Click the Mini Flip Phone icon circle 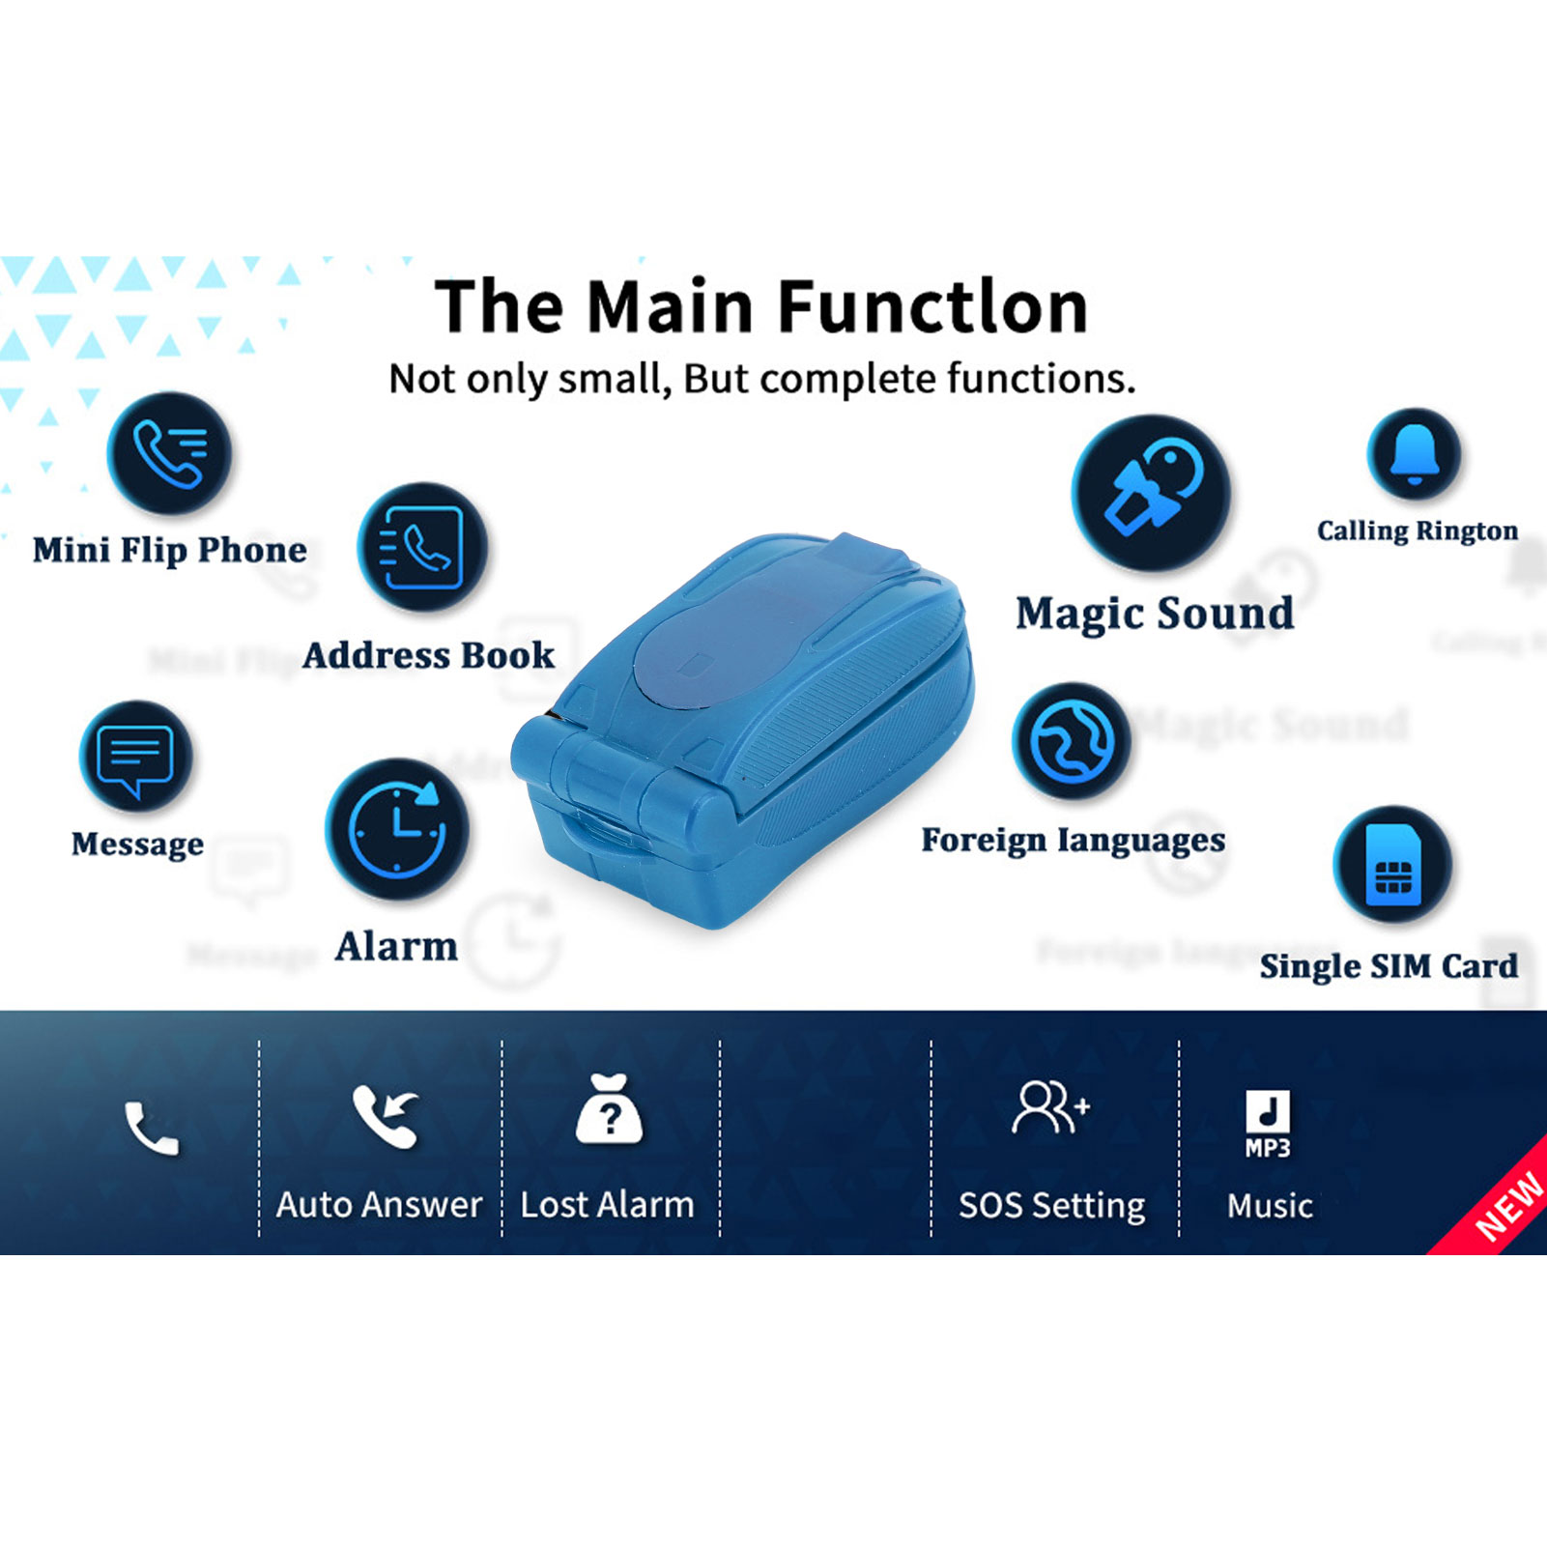coord(170,453)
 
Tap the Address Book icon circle coord(422,547)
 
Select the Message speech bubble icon coord(136,756)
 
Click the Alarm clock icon coord(397,830)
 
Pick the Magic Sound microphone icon coord(1151,492)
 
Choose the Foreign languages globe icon coord(1072,741)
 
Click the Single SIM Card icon coord(1392,864)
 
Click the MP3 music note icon coord(1268,1124)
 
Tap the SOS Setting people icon coord(1051,1107)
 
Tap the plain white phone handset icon coord(152,1129)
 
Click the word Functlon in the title coord(932,306)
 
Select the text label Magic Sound coord(1155,614)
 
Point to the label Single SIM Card coord(1389,966)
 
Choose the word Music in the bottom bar coord(1270,1206)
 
